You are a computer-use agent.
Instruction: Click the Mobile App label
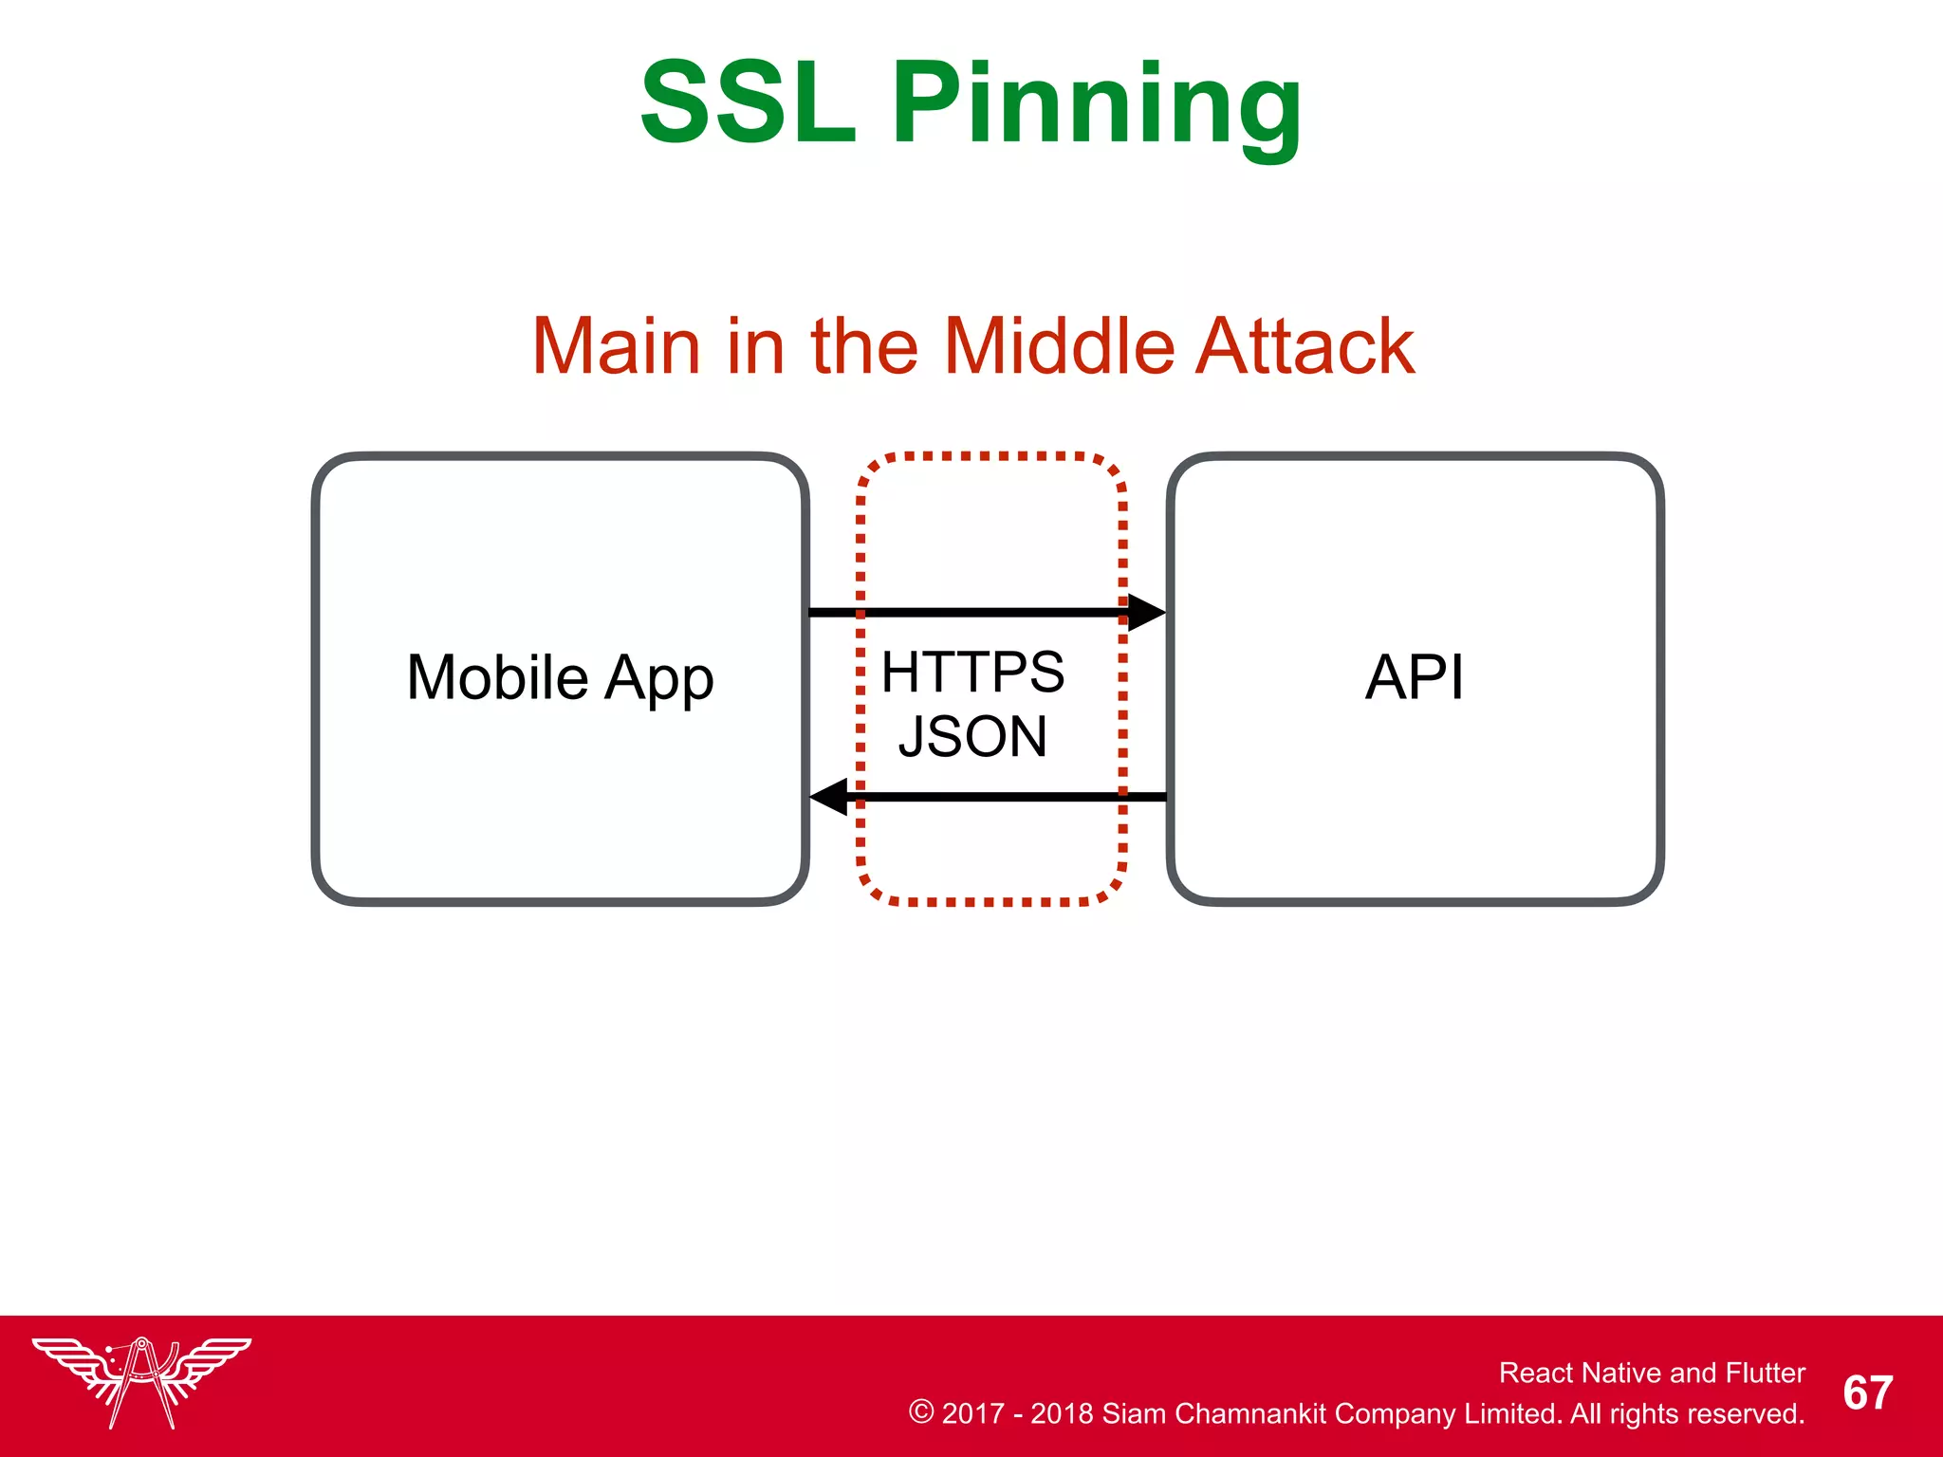tap(560, 677)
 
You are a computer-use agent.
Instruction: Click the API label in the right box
tap(1414, 677)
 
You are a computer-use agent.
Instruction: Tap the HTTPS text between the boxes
tap(972, 673)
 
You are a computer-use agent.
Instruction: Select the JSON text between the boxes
tap(972, 736)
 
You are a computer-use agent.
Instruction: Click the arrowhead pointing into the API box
tap(1145, 613)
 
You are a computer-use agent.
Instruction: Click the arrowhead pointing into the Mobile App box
tap(830, 796)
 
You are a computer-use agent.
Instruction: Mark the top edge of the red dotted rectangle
tap(991, 456)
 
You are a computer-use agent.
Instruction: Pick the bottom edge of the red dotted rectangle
tap(991, 901)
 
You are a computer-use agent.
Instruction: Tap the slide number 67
tap(1867, 1392)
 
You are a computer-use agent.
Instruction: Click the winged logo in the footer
tap(141, 1380)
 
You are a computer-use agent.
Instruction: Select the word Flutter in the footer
tap(1765, 1373)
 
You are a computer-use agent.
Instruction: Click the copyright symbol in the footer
tap(920, 1411)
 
